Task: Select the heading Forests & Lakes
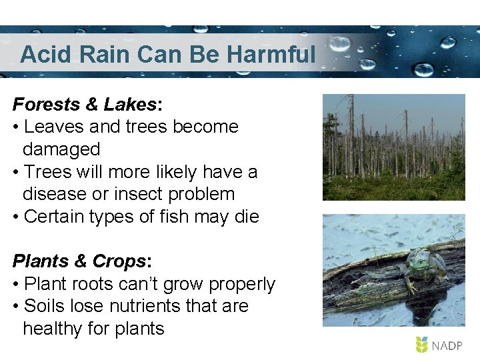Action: [85, 105]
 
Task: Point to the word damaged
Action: [61, 149]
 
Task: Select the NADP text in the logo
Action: [449, 345]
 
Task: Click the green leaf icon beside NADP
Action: [421, 345]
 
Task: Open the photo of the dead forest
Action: [393, 147]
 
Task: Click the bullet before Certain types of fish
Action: [16, 217]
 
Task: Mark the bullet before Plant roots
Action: [16, 285]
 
